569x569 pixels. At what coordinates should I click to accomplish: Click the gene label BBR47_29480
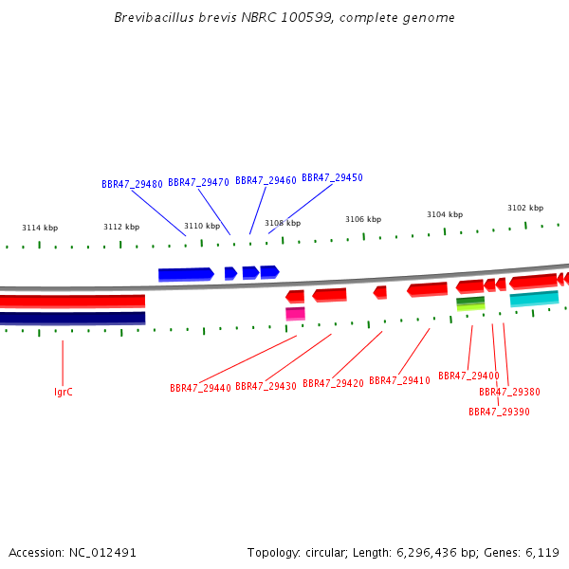point(132,184)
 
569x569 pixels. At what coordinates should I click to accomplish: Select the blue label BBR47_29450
point(333,177)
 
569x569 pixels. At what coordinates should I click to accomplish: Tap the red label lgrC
point(64,392)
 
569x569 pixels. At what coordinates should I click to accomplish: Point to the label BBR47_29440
point(200,388)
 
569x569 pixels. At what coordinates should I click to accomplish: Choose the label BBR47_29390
point(499,412)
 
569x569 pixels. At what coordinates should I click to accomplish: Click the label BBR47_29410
point(399,380)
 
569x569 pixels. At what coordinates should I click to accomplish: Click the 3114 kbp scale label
point(40,228)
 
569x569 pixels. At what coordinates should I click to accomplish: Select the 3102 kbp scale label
point(525,208)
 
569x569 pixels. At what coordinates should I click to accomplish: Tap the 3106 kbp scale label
point(363,219)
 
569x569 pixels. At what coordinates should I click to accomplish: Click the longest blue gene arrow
point(186,275)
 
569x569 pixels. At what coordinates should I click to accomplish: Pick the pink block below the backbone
point(295,314)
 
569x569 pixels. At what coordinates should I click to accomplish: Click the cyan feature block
point(534,299)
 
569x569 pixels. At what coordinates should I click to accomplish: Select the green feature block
point(470,304)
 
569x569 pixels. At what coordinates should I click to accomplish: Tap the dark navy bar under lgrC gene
point(73,318)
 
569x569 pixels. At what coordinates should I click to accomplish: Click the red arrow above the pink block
point(295,297)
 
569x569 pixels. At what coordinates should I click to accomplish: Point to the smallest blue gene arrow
point(230,273)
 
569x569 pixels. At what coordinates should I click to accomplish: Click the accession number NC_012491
point(102,553)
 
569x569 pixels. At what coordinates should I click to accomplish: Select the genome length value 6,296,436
point(427,553)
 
